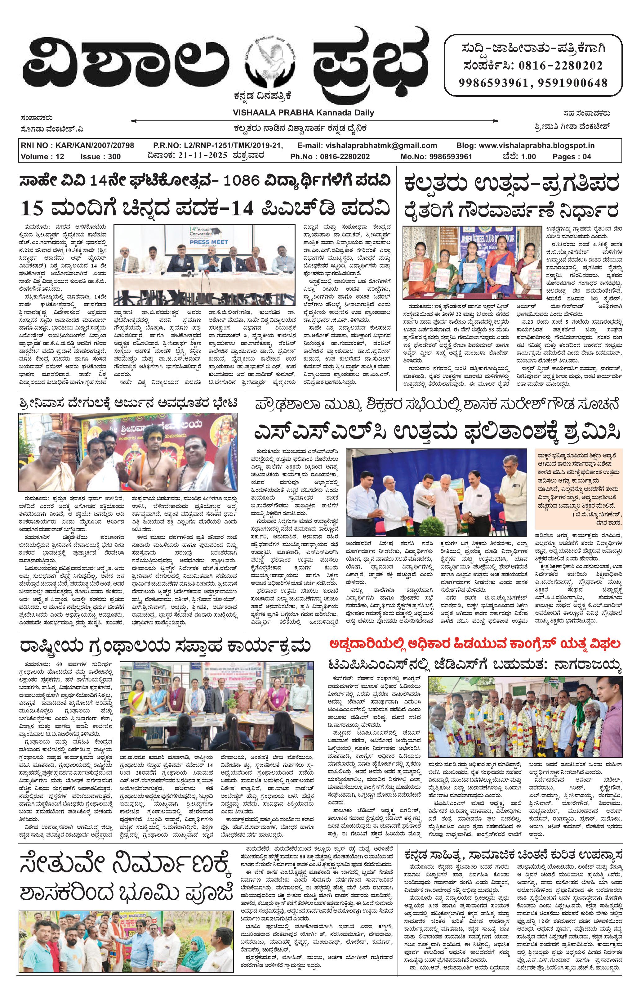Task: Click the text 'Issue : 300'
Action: (x=101, y=157)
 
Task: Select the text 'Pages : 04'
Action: (x=572, y=157)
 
